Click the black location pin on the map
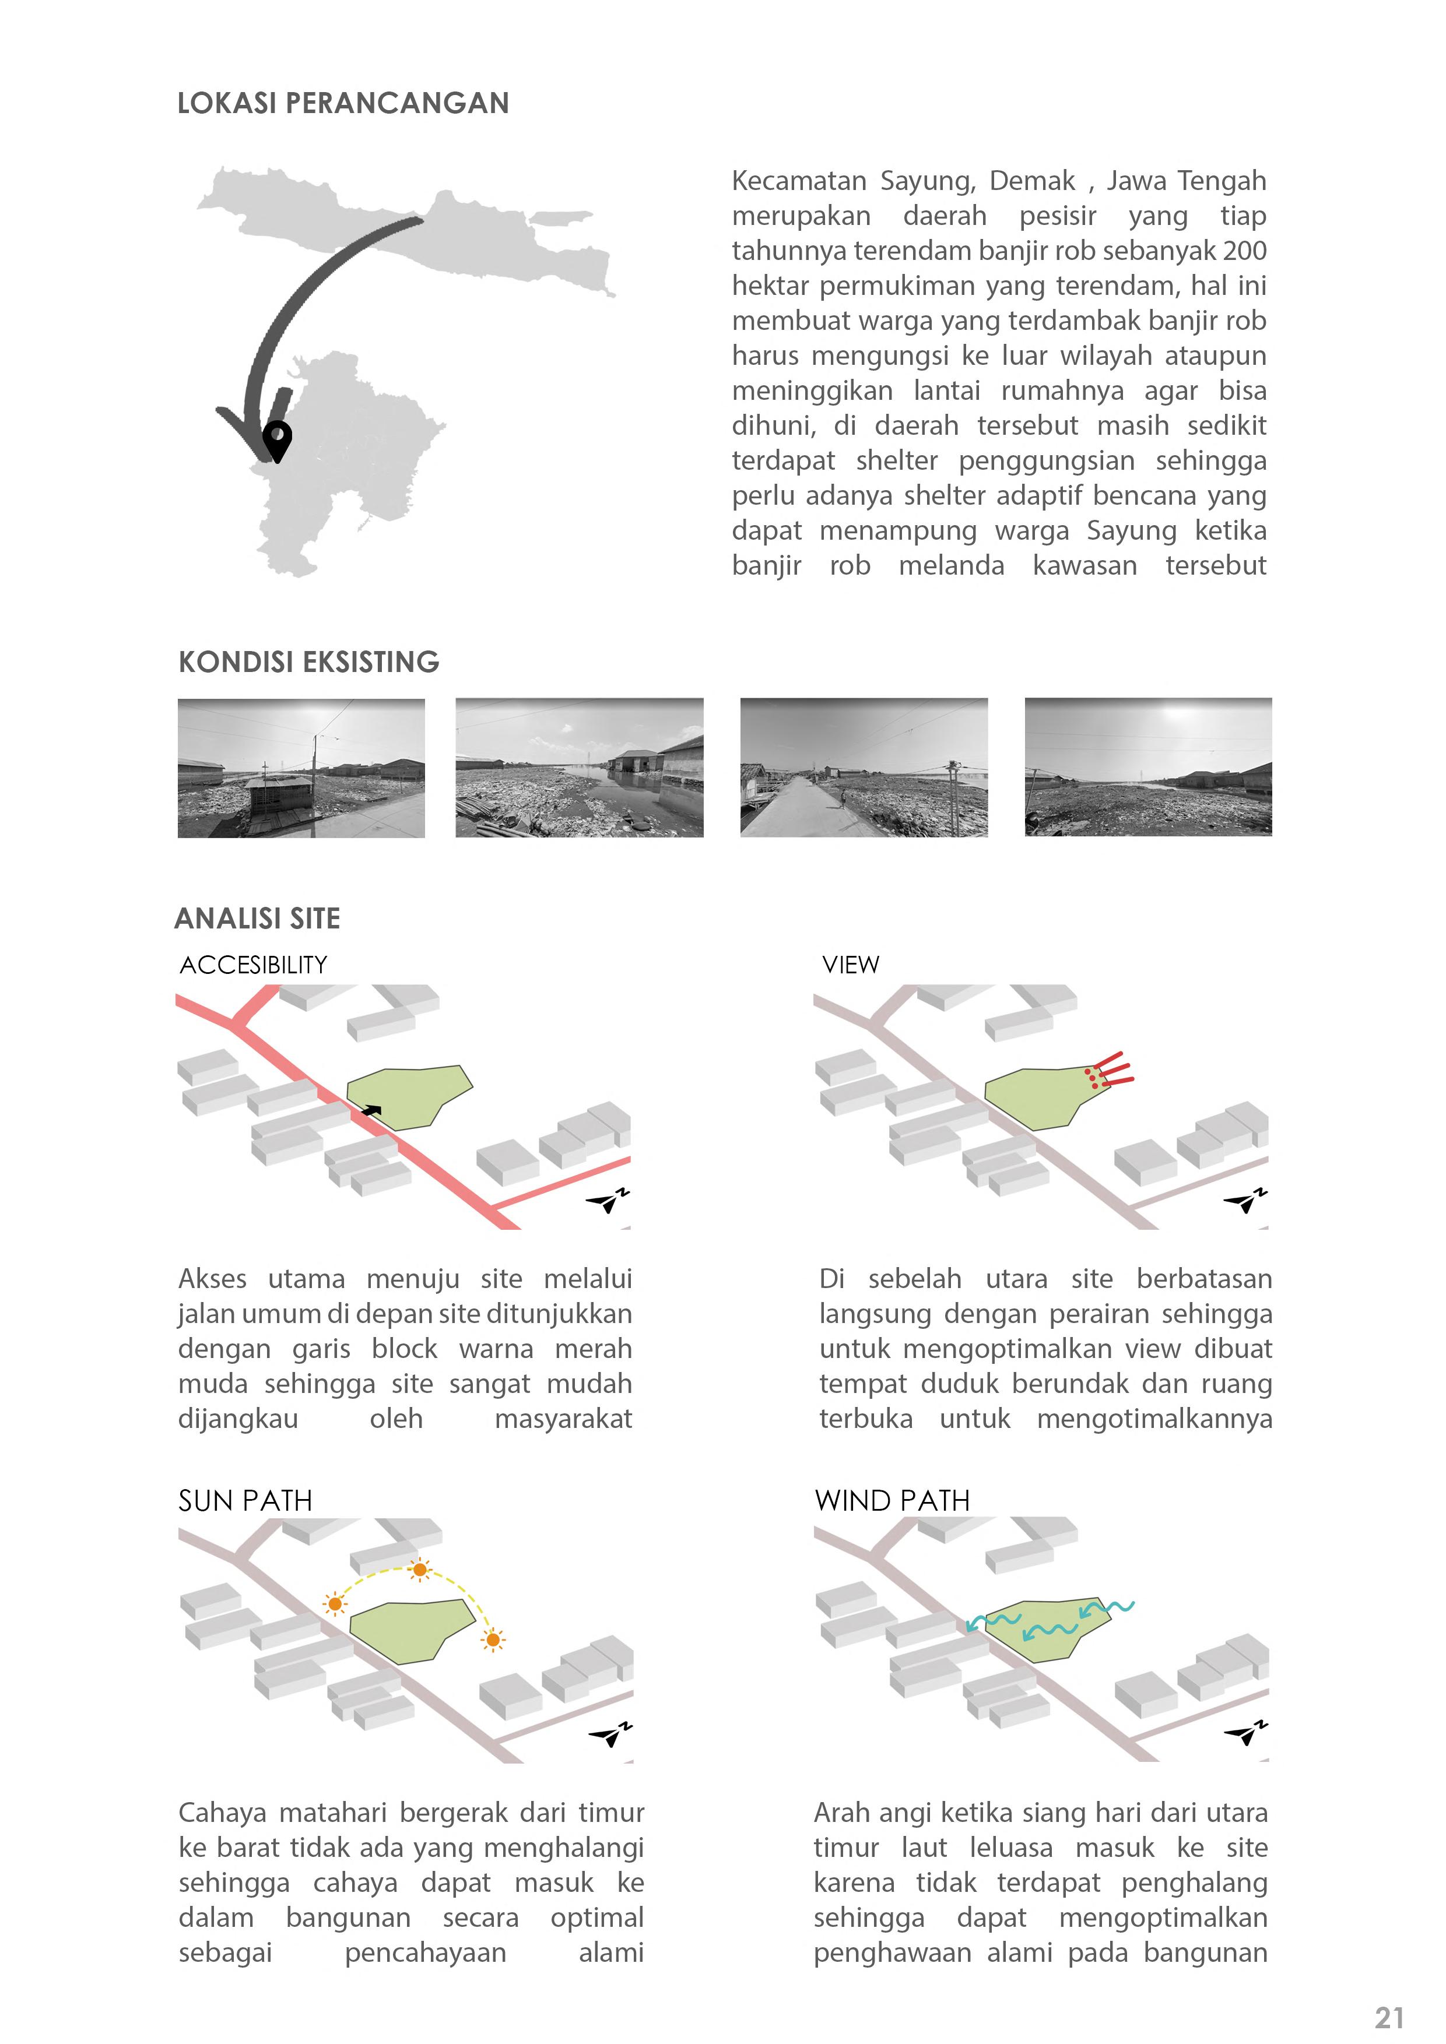[278, 439]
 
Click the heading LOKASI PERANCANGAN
[343, 103]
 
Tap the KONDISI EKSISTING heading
[309, 662]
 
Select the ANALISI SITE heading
[257, 918]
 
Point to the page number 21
[1389, 2017]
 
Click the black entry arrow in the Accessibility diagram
[371, 1111]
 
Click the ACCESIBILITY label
[254, 965]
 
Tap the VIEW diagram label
[850, 965]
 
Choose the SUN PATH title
[245, 1501]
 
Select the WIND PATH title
[892, 1501]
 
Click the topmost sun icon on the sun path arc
[419, 1570]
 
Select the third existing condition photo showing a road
[864, 768]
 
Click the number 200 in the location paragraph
[1245, 251]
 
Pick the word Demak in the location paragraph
[1032, 181]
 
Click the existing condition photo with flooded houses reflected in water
[580, 768]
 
